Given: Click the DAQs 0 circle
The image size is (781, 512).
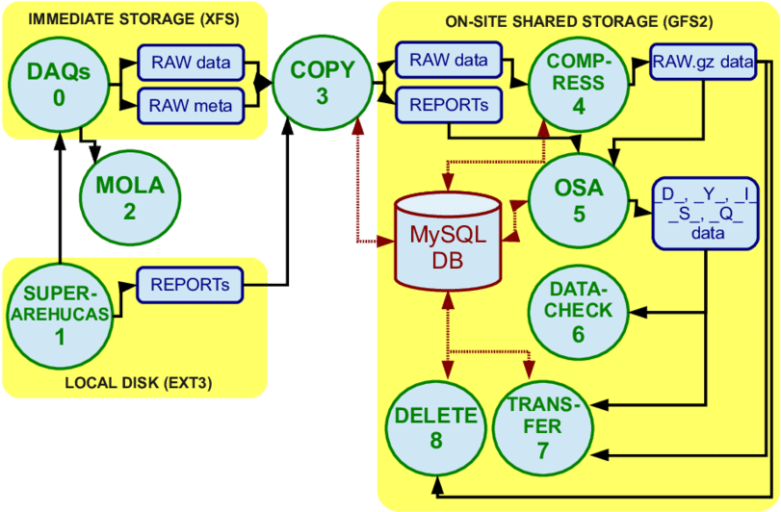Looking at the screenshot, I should tap(60, 85).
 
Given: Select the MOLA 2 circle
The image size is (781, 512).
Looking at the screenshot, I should tap(129, 197).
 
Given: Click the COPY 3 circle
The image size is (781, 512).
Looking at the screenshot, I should tap(322, 82).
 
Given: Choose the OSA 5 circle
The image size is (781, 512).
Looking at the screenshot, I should tap(579, 200).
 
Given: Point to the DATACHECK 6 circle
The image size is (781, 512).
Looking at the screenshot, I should tap(578, 310).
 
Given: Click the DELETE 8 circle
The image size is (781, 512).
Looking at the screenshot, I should tap(436, 428).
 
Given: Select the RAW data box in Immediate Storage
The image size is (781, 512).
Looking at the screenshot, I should tap(191, 64).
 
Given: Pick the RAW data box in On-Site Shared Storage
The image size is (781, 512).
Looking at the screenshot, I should tap(449, 60).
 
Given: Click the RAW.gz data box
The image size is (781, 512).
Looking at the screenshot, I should tap(702, 64).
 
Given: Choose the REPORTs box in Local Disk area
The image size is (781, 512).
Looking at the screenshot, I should tap(190, 285).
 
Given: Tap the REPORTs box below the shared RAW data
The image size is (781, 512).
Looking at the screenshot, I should tap(449, 102).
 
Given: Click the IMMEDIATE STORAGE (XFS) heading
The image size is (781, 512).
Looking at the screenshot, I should tap(133, 18).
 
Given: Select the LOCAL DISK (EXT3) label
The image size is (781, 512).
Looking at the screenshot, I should tap(138, 383).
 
